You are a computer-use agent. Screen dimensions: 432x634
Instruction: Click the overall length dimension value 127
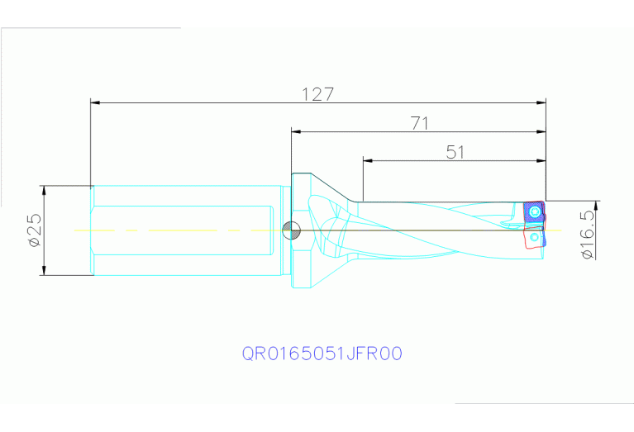[x=318, y=94]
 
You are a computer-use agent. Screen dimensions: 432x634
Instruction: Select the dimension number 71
[x=420, y=123]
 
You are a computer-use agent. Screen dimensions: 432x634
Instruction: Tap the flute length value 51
[x=455, y=152]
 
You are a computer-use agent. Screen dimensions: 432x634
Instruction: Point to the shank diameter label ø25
[x=34, y=231]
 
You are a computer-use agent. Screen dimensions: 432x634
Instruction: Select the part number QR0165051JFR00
[x=322, y=354]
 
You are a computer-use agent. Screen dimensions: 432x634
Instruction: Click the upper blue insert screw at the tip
[x=536, y=212]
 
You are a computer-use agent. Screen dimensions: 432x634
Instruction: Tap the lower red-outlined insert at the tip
[x=533, y=240]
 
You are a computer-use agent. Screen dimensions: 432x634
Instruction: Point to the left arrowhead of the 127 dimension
[x=95, y=103]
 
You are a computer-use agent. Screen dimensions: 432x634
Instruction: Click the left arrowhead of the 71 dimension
[x=295, y=131]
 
